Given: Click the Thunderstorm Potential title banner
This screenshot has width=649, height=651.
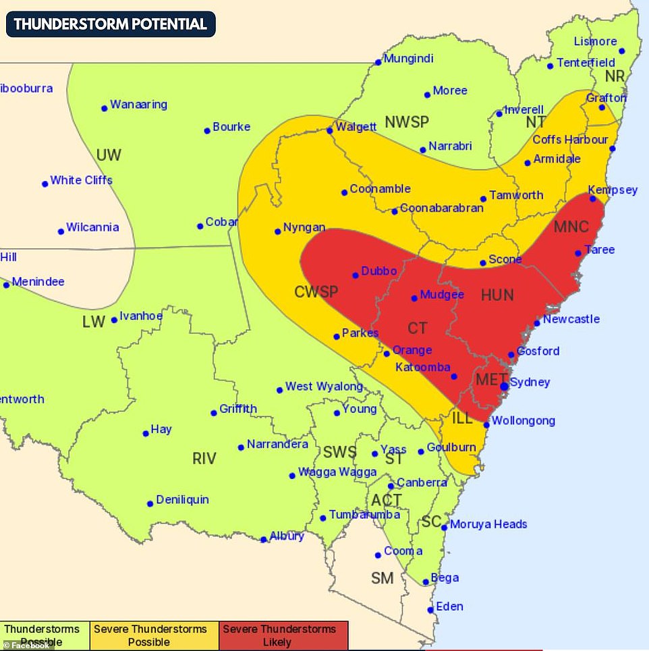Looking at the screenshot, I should click(111, 24).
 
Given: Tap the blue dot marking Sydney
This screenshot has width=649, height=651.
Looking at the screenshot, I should click(504, 386).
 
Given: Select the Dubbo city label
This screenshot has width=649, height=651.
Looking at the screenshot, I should click(379, 271).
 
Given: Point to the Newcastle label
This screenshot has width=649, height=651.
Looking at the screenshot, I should click(571, 319).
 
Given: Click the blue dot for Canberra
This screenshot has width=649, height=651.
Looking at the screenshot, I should click(391, 486).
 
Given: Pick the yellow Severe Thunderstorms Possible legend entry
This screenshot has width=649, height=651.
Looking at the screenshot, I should click(150, 635).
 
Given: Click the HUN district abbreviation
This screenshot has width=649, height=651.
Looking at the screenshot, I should click(497, 295).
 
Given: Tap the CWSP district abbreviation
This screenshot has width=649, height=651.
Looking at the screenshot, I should click(316, 292).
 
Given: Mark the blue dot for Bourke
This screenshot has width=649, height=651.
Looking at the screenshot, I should click(207, 131).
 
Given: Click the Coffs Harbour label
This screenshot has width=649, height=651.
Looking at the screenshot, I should click(570, 140).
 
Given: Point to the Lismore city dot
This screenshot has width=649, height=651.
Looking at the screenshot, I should click(621, 51).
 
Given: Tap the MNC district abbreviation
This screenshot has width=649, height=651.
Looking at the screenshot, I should click(571, 226).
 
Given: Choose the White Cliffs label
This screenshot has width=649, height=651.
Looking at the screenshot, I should click(81, 180).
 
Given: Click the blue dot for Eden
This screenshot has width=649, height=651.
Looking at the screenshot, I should click(430, 611).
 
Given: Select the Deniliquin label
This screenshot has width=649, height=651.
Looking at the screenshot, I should click(182, 500).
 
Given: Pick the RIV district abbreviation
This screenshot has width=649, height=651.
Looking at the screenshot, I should click(204, 459).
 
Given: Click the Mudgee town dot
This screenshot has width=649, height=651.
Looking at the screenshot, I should click(414, 298).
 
